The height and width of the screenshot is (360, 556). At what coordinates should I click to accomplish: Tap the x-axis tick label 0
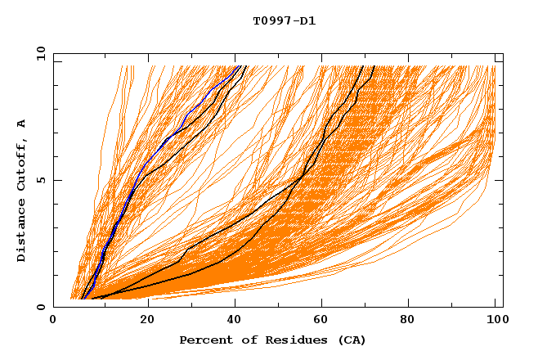pyautogui.click(x=53, y=321)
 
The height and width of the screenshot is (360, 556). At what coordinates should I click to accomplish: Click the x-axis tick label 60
pyautogui.click(x=325, y=321)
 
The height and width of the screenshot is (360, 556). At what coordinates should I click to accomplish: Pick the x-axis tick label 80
pyautogui.click(x=413, y=321)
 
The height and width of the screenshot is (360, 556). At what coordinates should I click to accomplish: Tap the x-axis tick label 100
pyautogui.click(x=498, y=321)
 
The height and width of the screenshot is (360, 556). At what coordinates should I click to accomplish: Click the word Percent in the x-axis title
pyautogui.click(x=202, y=340)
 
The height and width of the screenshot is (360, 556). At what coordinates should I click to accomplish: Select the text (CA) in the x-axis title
pyautogui.click(x=352, y=340)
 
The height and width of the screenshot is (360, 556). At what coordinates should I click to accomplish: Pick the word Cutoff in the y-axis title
pyautogui.click(x=22, y=164)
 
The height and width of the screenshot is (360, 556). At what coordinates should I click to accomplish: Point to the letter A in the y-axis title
pyautogui.click(x=22, y=123)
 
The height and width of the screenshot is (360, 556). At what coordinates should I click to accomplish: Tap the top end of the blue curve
pyautogui.click(x=238, y=66)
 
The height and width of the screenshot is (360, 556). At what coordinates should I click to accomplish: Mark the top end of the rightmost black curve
pyautogui.click(x=374, y=66)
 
